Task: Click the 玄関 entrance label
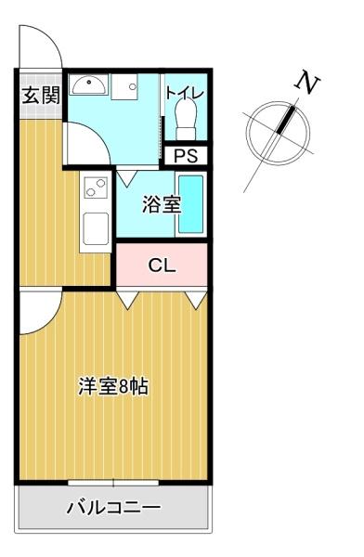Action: (41, 95)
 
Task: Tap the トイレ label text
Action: (185, 93)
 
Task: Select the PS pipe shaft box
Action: (186, 156)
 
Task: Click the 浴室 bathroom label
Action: (162, 204)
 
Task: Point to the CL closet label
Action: (162, 265)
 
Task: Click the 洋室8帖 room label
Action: (113, 386)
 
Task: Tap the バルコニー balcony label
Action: (113, 507)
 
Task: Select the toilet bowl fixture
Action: (187, 119)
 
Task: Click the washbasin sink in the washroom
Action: (88, 84)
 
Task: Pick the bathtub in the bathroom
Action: (191, 203)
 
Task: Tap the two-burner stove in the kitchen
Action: (96, 188)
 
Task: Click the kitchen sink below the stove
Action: (96, 229)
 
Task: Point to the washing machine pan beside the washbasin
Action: (124, 87)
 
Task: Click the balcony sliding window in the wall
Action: (113, 483)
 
